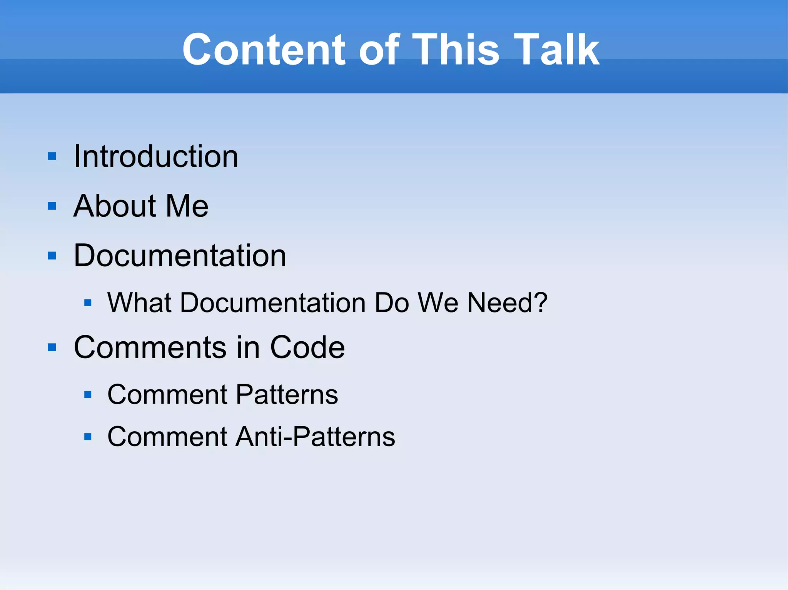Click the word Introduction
pos(156,156)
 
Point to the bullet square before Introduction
pos(52,156)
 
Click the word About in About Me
pos(115,206)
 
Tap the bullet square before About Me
pos(52,206)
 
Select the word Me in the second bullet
pos(187,206)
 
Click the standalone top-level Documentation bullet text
pos(180,256)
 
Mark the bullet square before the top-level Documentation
pos(52,256)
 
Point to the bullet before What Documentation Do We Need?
pos(88,303)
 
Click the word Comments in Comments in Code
pos(150,347)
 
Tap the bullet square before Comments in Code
pos(52,347)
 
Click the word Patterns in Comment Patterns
pos(287,395)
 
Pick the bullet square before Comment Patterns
pos(88,395)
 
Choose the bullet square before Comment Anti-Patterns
pos(88,437)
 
